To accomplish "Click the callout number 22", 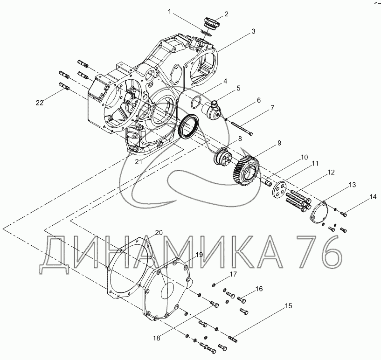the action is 40,103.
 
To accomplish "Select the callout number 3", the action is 253,31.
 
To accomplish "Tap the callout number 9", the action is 279,143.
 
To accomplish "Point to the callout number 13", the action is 352,185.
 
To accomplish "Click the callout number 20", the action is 159,233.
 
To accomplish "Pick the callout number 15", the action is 288,306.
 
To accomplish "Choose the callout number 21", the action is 139,161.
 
